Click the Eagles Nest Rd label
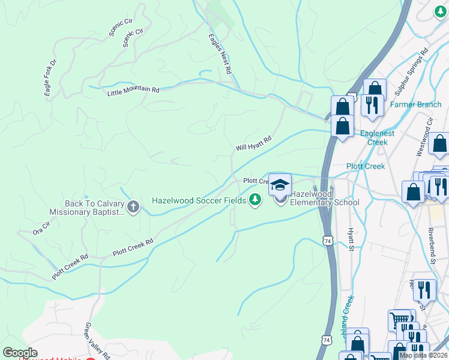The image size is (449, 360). tap(220, 54)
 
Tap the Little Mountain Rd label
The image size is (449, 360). tap(133, 91)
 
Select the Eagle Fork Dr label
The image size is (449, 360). tap(50, 77)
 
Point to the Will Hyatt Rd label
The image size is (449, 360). tap(253, 143)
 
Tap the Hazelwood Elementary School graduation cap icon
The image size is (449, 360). tap(280, 185)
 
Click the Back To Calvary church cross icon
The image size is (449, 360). tap(133, 207)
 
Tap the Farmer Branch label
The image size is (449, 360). tap(415, 104)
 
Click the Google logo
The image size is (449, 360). tap(19, 353)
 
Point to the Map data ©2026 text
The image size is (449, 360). tap(423, 355)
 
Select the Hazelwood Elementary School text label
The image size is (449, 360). tap(324, 199)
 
